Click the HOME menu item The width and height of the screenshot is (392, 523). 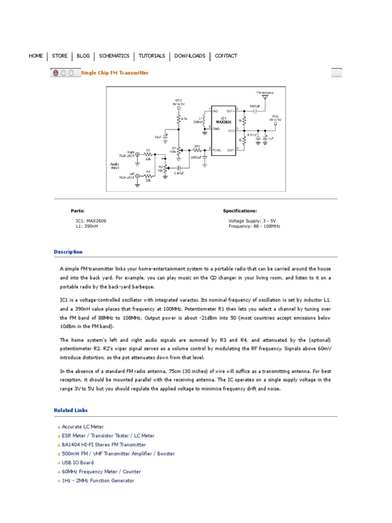[x=36, y=56]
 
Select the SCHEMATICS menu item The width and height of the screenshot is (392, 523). [x=114, y=56]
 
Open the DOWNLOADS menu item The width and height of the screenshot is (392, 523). [x=190, y=56]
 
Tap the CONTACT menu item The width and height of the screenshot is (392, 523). [x=226, y=56]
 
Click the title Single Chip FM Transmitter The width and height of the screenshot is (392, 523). [x=115, y=73]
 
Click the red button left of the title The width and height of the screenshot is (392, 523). [x=56, y=73]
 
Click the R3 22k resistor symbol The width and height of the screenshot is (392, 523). [x=148, y=154]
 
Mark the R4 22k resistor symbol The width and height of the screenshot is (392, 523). [x=148, y=175]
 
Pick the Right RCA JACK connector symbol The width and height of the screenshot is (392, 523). [x=137, y=154]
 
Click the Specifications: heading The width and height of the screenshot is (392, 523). [x=240, y=210]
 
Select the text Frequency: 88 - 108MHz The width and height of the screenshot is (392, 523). [x=254, y=226]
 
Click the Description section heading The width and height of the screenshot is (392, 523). [x=68, y=252]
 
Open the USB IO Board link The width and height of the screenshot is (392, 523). [x=78, y=463]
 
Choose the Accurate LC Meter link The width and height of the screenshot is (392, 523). [x=83, y=426]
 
